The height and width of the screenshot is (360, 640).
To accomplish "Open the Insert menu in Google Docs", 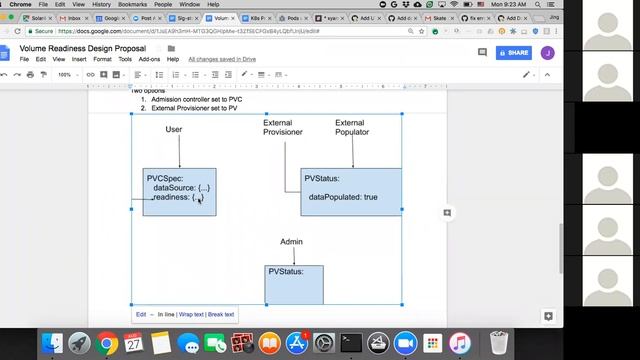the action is point(79,59).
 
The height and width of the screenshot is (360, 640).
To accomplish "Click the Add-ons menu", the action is point(149,59).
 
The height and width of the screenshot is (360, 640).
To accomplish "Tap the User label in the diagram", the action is point(174,130).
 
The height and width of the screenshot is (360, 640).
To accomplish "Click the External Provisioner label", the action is point(283,127).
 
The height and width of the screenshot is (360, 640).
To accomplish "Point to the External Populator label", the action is point(351,127).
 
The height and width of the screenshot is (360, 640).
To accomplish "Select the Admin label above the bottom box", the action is point(291,241).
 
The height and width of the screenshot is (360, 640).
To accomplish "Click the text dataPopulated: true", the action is point(343,197).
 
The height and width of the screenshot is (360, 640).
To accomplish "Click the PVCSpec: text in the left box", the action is point(165,178).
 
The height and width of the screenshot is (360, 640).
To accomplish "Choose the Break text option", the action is point(221,314).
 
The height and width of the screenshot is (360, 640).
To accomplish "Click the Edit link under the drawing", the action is point(141,314).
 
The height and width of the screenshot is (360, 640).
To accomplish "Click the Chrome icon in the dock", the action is point(107,343).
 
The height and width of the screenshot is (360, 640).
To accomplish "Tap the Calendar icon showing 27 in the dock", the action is point(134,343).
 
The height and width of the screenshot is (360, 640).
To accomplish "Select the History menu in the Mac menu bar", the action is point(102,4).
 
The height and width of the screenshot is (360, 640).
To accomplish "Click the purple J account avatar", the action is point(547,53).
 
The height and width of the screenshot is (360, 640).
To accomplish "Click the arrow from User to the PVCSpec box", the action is point(180,152).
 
